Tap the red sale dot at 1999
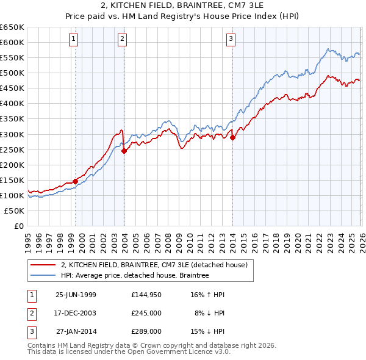pyautogui.click(x=76, y=181)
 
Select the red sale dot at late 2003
pyautogui.click(x=124, y=151)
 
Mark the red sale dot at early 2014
pyautogui.click(x=233, y=137)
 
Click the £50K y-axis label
pyautogui.click(x=14, y=211)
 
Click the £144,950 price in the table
pyautogui.click(x=146, y=295)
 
